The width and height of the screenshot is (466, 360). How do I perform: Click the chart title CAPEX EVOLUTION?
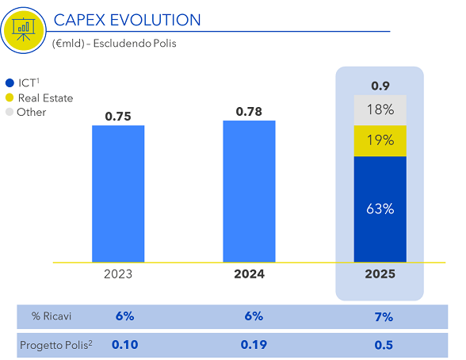[127, 20]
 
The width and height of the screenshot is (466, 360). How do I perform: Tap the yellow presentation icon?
[24, 30]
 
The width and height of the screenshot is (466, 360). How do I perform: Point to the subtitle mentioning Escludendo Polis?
[114, 44]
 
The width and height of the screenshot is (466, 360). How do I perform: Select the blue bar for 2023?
[118, 193]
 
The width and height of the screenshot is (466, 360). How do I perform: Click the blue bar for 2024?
[249, 191]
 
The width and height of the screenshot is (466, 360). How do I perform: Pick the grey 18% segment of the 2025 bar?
[380, 110]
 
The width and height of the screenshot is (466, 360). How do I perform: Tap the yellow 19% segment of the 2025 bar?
[380, 140]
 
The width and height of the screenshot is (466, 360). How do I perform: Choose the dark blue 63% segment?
[380, 209]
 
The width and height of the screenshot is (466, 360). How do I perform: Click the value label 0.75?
[118, 117]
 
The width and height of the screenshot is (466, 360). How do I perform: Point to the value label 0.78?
[249, 112]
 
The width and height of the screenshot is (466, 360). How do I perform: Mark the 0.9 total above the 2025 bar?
[380, 86]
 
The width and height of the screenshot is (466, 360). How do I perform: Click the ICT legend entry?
[22, 82]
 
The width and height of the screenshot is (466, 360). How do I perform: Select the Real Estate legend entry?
[40, 98]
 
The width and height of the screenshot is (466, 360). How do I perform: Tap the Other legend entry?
[26, 112]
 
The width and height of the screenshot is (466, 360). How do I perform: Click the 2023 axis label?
[118, 274]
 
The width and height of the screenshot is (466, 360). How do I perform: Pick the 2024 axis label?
[249, 274]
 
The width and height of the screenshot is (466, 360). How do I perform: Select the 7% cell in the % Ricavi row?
[384, 317]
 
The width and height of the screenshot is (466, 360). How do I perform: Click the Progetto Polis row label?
[56, 345]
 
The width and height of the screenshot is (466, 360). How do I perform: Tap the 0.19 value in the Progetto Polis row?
[254, 345]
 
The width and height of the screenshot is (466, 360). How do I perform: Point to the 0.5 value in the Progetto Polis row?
[384, 345]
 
